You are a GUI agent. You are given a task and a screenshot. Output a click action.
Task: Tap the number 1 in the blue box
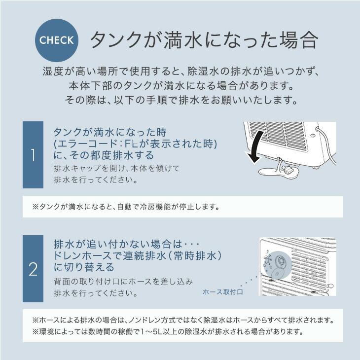[x=33, y=155]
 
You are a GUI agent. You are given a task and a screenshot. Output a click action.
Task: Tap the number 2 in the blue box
[x=33, y=269]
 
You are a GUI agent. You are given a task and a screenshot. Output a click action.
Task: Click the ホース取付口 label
[x=222, y=291]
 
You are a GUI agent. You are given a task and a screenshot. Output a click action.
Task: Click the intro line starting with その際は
[x=180, y=100]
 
